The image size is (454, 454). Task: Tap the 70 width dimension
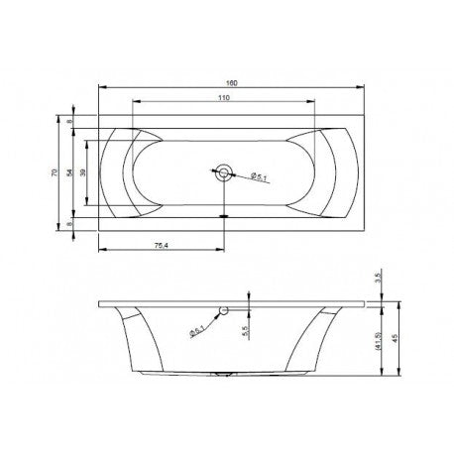click(x=56, y=172)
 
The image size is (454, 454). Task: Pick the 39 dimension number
click(x=84, y=172)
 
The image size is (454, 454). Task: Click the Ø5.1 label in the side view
click(x=198, y=331)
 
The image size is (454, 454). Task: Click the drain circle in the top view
click(x=225, y=172)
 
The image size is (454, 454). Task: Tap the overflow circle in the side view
click(x=225, y=312)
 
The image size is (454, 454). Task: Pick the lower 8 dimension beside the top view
click(x=71, y=224)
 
